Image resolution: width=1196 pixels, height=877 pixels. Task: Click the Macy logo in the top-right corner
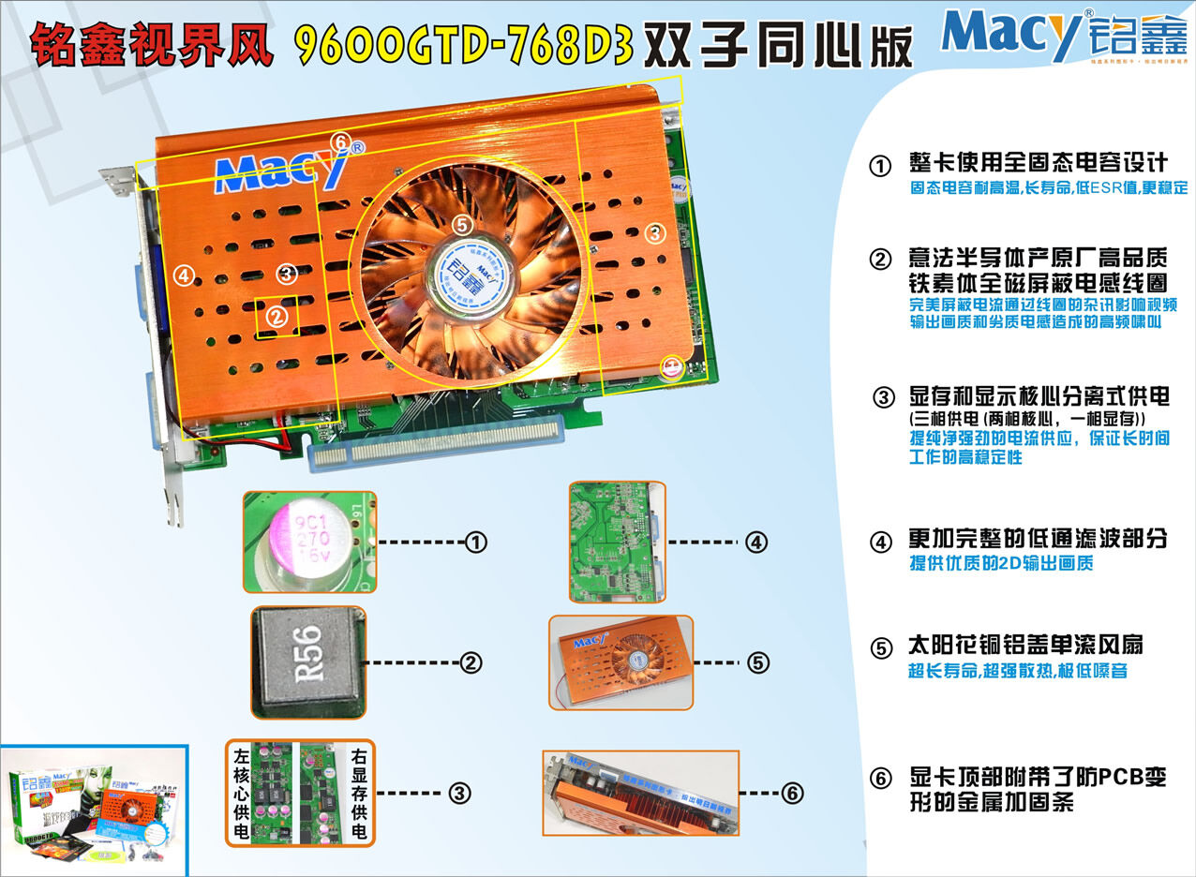1063,36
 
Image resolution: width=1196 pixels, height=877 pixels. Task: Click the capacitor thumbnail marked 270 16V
309,542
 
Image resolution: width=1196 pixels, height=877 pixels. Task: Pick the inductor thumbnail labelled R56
308,662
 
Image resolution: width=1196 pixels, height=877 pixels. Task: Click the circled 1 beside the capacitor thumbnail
476,543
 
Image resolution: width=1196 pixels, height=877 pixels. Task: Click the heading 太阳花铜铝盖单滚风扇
1025,647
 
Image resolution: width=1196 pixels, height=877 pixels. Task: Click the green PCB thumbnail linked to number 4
617,542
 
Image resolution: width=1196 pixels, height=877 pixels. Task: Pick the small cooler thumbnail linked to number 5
620,661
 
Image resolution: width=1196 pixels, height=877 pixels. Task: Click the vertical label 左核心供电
243,793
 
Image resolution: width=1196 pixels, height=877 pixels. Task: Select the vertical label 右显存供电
358,793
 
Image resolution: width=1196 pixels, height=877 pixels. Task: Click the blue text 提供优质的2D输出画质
1001,564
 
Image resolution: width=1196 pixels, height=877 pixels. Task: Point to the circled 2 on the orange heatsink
276,317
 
